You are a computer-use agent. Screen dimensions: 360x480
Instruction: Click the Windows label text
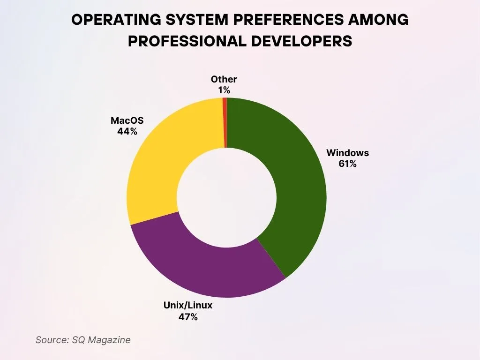pyautogui.click(x=347, y=153)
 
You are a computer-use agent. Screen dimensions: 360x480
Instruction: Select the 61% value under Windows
pyautogui.click(x=347, y=164)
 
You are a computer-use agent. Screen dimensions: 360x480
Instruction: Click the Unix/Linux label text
pyautogui.click(x=187, y=306)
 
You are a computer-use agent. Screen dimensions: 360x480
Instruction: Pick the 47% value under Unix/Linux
pyautogui.click(x=187, y=317)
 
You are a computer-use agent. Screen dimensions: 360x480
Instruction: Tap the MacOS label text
pyautogui.click(x=127, y=120)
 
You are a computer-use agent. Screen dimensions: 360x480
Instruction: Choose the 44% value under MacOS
pyautogui.click(x=127, y=132)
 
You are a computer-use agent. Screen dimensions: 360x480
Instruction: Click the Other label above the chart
pyautogui.click(x=224, y=79)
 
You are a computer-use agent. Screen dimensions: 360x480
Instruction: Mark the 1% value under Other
pyautogui.click(x=224, y=90)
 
